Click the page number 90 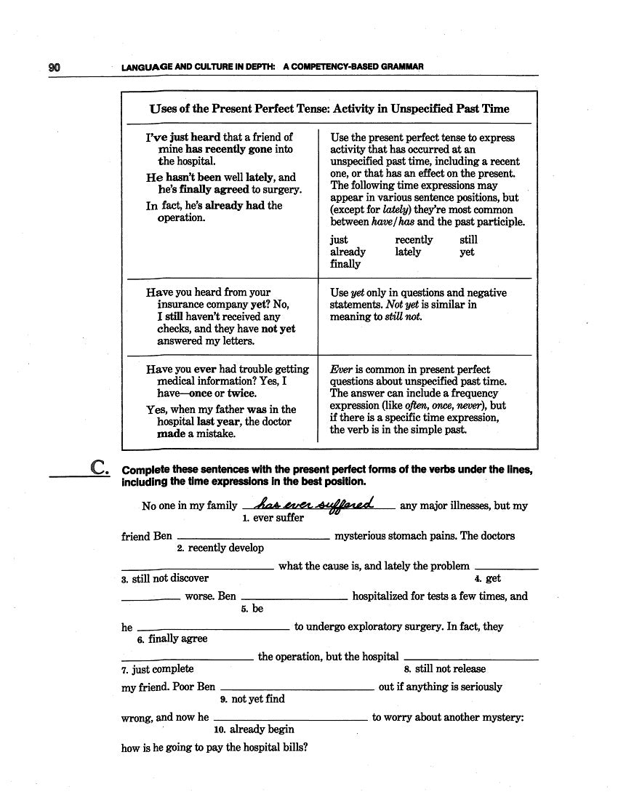click(55, 68)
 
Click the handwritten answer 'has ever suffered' click(317, 503)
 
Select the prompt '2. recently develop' click(220, 548)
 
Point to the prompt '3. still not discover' click(165, 578)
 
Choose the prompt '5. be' click(252, 609)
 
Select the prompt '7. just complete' click(158, 668)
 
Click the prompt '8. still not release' click(444, 668)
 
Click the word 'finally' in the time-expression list click(345, 264)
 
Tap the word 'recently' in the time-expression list click(414, 239)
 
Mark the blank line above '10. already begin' click(291, 720)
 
